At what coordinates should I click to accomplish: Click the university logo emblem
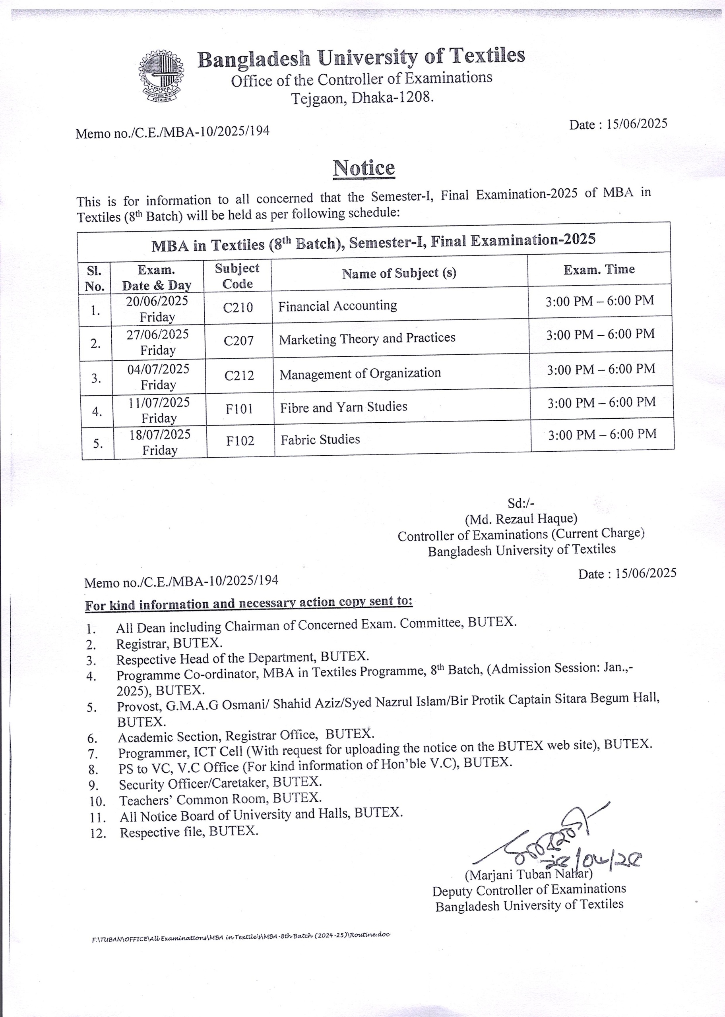(161, 77)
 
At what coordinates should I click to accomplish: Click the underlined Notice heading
(364, 168)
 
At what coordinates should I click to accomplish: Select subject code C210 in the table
(238, 307)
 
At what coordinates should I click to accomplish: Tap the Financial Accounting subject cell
(337, 306)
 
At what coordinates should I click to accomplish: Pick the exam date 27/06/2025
(157, 334)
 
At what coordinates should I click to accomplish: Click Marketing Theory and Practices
(367, 338)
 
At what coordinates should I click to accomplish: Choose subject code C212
(239, 375)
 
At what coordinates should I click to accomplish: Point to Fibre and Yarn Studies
(344, 407)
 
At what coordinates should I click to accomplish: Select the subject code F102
(240, 441)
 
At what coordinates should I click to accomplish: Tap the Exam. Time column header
(599, 269)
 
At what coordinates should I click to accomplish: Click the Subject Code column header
(237, 276)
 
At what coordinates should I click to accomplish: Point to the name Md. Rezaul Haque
(521, 519)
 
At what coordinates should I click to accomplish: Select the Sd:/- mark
(521, 503)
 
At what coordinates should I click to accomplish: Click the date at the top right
(618, 124)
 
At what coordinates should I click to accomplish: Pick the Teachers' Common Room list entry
(220, 799)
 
